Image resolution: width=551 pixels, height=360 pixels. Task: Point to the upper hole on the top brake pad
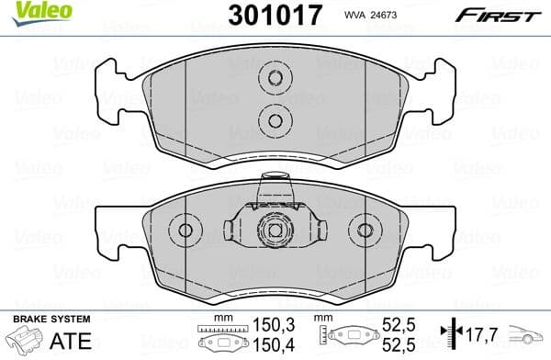pyautogui.click(x=273, y=78)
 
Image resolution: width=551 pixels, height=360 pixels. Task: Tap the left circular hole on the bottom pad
pyautogui.click(x=185, y=231)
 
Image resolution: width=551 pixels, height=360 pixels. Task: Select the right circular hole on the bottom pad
pyautogui.click(x=365, y=231)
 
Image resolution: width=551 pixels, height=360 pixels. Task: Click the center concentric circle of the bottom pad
pyautogui.click(x=273, y=231)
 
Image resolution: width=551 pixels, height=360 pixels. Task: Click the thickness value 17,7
pyautogui.click(x=480, y=334)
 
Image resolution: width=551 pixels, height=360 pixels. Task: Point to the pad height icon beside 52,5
pyautogui.click(x=348, y=335)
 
